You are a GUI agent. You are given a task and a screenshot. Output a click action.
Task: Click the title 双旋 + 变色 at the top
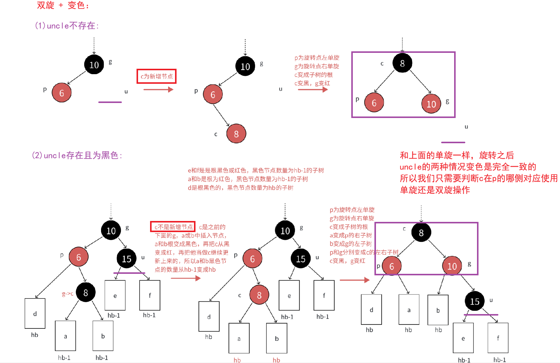63,5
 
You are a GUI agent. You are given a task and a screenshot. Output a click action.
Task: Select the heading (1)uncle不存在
67,26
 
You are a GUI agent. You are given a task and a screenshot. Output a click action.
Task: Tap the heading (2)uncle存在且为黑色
77,156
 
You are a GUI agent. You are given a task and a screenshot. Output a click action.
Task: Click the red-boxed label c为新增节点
156,76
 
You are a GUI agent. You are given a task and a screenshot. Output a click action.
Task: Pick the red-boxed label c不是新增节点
173,227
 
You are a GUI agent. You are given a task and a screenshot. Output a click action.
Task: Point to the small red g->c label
68,294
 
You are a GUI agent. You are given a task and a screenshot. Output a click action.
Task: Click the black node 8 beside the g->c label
86,292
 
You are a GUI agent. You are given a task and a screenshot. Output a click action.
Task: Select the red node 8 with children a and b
259,295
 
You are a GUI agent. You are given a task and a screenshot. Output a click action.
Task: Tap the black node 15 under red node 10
475,301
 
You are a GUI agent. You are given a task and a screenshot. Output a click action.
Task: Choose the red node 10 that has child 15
452,266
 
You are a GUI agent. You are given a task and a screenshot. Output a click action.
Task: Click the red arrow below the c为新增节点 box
158,89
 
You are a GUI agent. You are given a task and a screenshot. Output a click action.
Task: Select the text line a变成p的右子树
351,235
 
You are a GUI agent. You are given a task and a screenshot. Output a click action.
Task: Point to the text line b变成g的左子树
351,244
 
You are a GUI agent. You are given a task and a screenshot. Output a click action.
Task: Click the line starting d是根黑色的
241,188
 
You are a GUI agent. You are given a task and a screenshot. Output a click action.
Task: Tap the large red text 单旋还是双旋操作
435,190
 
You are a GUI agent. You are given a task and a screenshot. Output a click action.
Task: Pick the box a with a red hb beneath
239,338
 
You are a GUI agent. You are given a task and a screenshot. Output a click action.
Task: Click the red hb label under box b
276,360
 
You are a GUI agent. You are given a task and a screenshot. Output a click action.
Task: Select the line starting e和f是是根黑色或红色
256,171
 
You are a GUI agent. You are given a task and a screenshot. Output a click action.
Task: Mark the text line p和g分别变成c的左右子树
364,252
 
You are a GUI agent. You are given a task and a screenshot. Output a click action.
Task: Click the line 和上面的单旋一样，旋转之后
457,156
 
